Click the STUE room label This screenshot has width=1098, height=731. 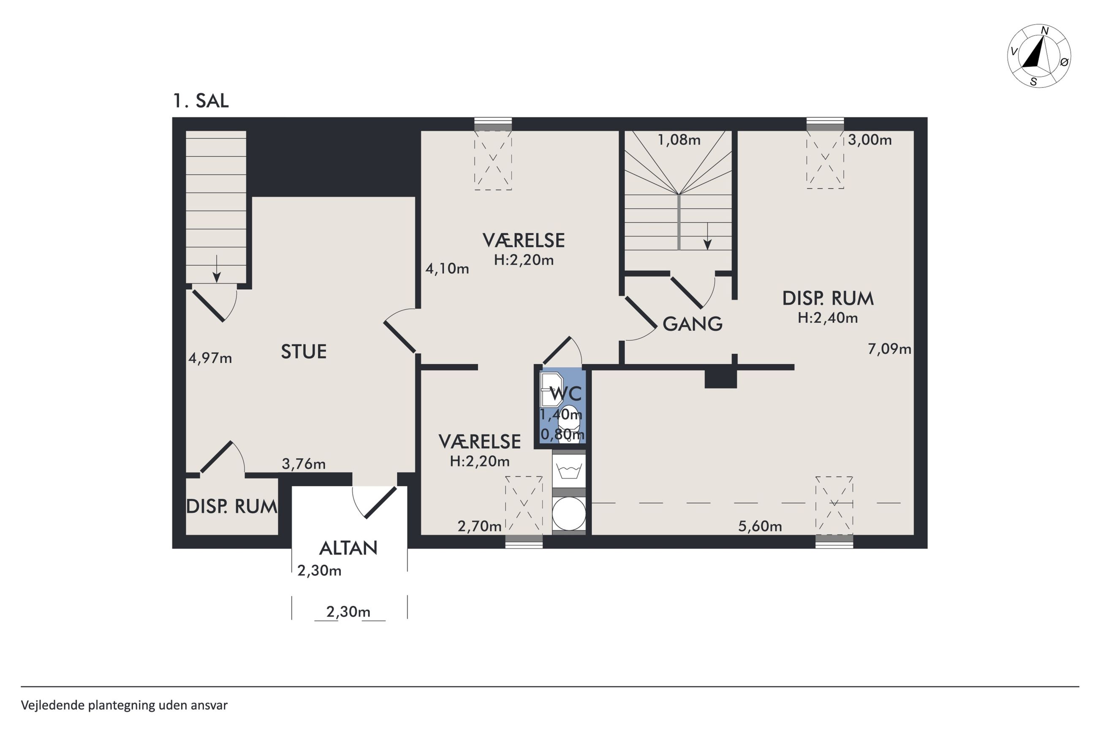click(x=303, y=351)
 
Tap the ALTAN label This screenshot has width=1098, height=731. click(x=348, y=548)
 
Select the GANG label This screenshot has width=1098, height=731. click(x=692, y=324)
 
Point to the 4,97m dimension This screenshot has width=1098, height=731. click(x=210, y=358)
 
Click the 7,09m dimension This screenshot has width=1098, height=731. click(x=889, y=349)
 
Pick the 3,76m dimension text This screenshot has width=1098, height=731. click(x=303, y=464)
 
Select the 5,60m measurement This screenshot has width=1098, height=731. click(x=760, y=526)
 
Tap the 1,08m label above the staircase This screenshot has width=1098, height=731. click(x=679, y=140)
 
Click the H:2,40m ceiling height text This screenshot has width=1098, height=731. click(x=827, y=318)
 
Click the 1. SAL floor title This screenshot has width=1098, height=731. click(x=201, y=101)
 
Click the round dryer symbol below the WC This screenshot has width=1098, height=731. click(x=568, y=513)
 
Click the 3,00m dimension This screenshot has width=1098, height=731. click(x=870, y=140)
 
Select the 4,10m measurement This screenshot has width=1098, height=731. click(x=447, y=269)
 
